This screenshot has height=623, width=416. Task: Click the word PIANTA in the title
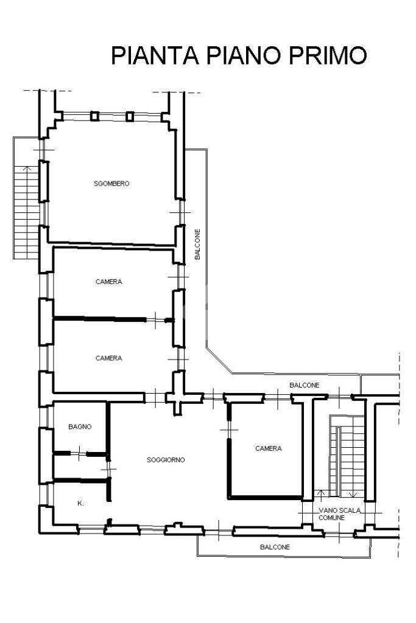pyautogui.click(x=155, y=55)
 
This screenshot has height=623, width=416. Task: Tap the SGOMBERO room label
pyautogui.click(x=111, y=184)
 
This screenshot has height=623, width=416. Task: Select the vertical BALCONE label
pyautogui.click(x=197, y=244)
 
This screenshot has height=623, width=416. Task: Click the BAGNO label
pyautogui.click(x=80, y=427)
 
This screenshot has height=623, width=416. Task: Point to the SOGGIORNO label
pyautogui.click(x=166, y=460)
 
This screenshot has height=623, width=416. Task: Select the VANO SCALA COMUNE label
pyautogui.click(x=332, y=513)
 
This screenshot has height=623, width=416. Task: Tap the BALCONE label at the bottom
pyautogui.click(x=275, y=547)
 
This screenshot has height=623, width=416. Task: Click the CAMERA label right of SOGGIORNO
pyautogui.click(x=269, y=448)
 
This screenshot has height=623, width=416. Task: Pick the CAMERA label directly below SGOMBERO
pyautogui.click(x=108, y=282)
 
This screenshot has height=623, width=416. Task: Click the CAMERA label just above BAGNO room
pyautogui.click(x=108, y=358)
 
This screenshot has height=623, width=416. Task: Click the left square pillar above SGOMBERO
pyautogui.click(x=94, y=116)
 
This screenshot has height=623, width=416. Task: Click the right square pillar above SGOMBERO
pyautogui.click(x=129, y=116)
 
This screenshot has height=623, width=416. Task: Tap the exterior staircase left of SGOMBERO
pyautogui.click(x=26, y=210)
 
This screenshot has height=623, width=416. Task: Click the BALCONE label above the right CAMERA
pyautogui.click(x=304, y=385)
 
